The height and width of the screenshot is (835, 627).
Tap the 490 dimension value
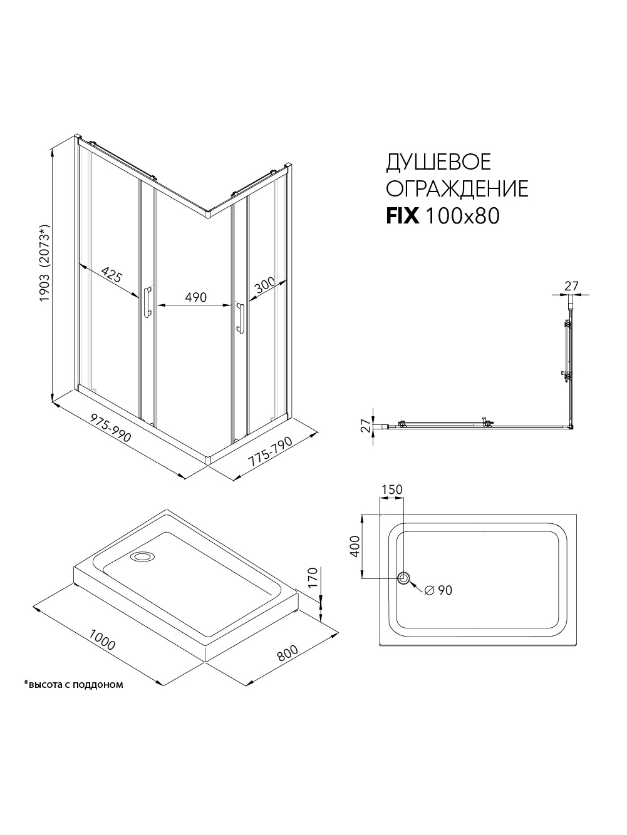tap(195, 297)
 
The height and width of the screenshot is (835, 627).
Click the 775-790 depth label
tap(270, 451)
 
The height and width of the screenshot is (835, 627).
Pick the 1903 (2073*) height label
tap(45, 262)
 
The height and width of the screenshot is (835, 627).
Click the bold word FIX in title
tap(403, 217)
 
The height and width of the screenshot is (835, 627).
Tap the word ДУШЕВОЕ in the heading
tap(438, 161)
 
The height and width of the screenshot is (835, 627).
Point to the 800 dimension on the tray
tap(288, 653)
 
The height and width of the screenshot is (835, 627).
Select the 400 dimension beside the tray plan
tap(355, 546)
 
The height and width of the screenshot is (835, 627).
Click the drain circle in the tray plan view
tap(404, 578)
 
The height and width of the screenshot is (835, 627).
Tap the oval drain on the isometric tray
tap(142, 556)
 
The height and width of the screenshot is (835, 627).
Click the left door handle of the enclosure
tap(147, 302)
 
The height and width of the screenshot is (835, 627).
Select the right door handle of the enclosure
tap(239, 317)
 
